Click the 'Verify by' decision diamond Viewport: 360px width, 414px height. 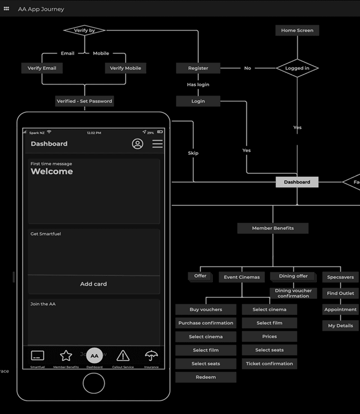point(84,31)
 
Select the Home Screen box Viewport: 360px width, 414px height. point(297,31)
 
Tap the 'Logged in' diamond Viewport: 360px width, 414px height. point(297,68)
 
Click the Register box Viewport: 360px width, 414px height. point(198,68)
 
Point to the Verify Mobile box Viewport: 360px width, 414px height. point(126,68)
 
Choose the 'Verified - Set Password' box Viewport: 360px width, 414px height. point(84,101)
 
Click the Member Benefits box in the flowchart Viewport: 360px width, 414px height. point(273,228)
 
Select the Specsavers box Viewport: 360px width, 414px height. point(340,277)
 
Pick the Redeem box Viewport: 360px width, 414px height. point(206,377)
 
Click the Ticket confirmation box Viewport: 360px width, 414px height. point(269,364)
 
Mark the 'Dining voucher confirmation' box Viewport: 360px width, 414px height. point(293,293)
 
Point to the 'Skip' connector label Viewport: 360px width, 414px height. point(193,153)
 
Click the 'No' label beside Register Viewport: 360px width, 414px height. point(247,68)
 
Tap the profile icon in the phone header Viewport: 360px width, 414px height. point(137,144)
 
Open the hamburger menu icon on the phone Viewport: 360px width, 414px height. point(157,144)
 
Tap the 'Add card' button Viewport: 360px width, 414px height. point(94,284)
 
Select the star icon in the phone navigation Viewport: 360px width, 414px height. point(66,356)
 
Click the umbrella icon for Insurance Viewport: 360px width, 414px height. point(151,356)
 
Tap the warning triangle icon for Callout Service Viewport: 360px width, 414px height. point(123,356)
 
